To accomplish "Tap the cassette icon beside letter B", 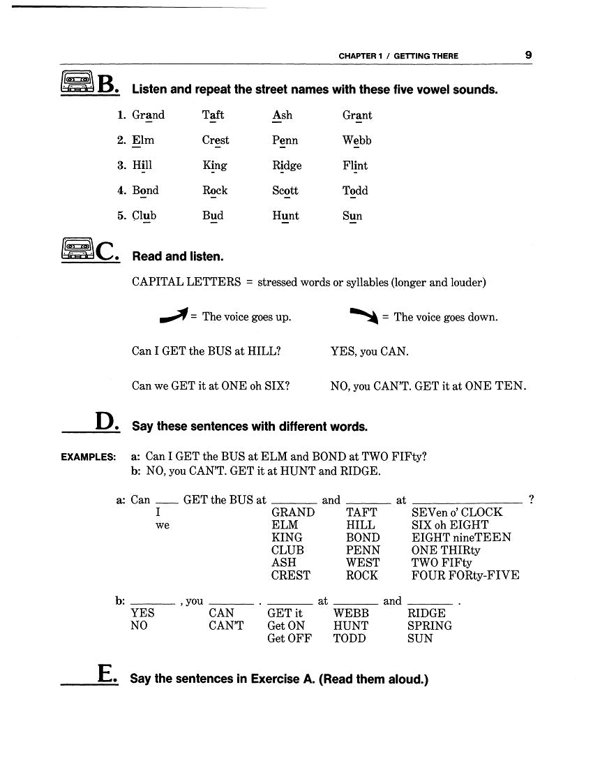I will pos(77,83).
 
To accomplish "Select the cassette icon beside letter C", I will pos(77,249).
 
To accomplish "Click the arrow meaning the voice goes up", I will pos(174,316).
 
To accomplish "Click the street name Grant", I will pos(357,115).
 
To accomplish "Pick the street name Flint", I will pos(355,165).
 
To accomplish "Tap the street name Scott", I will pos(285,191).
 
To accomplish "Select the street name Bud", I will pos(213,216).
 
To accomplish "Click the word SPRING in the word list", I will pos(430,626).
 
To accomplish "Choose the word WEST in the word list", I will pos(363,563).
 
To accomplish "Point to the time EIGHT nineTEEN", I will pos(461,538).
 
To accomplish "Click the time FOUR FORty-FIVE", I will pos(465,575).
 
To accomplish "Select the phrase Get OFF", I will pos(290,638).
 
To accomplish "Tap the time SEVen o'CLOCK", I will pos(457,512).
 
